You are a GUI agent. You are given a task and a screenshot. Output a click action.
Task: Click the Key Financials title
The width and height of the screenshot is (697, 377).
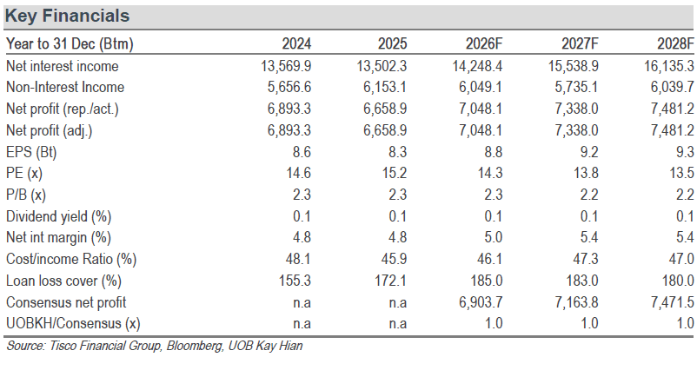pos(67,16)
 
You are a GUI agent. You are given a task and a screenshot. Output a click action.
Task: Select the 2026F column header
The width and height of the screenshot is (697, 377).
pos(484,43)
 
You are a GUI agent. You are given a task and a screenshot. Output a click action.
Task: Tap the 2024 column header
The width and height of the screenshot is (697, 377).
pos(296,43)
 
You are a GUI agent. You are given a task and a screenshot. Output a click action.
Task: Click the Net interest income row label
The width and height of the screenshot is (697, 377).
pos(63,66)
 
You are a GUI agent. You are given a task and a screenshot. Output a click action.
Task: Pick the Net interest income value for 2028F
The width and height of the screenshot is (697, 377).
pos(669,66)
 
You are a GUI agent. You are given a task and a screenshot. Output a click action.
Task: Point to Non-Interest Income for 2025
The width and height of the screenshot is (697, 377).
pos(385,87)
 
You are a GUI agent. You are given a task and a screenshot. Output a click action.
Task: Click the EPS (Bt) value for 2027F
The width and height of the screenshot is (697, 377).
pos(589,152)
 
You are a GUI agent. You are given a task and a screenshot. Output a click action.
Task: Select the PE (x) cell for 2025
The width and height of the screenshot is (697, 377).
pos(395,173)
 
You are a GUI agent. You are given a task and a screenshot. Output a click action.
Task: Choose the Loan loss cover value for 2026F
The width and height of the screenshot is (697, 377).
pos(487,281)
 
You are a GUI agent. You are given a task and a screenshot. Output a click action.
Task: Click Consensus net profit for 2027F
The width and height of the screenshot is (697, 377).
pos(576,302)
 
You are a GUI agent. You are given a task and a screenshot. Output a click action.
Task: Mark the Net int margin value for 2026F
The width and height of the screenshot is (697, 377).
pos(494,237)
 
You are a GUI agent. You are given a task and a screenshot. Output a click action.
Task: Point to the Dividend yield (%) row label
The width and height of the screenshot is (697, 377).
pos(59,216)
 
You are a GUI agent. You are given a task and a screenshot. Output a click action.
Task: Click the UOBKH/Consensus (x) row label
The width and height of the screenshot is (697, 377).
pos(73,324)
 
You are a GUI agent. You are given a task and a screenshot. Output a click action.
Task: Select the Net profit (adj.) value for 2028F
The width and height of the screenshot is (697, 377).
pos(672,130)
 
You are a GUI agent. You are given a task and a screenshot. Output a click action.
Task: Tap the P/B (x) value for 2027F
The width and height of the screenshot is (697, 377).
pos(589,195)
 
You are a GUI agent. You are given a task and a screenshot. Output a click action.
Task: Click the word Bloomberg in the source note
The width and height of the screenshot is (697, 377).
pos(195,346)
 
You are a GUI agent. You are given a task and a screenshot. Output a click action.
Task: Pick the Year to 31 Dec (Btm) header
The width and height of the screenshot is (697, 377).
pos(70,43)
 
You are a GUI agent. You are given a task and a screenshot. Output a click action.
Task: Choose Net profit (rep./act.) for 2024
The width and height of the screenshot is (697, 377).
pos(289,109)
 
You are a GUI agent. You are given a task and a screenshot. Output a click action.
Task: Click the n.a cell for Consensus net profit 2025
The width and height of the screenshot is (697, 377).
pos(398,302)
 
